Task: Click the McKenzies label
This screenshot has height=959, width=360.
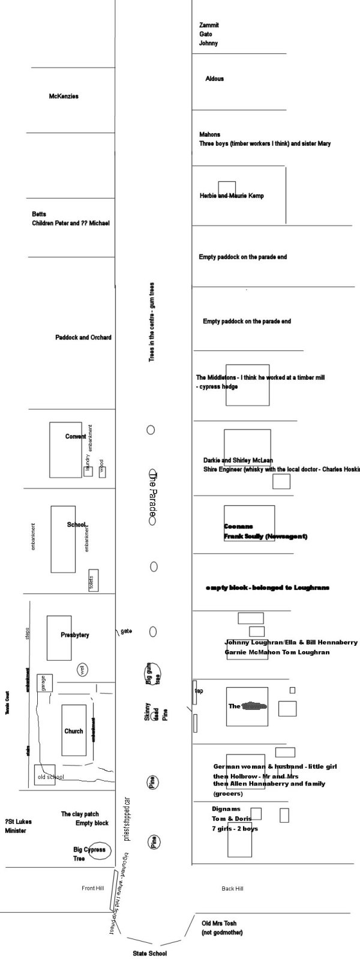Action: [x=64, y=97]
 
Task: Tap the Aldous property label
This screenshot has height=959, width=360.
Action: [x=214, y=79]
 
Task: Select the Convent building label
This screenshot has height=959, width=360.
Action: [x=76, y=436]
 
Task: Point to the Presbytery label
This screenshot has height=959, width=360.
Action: [x=75, y=635]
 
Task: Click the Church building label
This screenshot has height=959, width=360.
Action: [x=74, y=731]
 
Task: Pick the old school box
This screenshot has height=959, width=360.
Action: [x=45, y=775]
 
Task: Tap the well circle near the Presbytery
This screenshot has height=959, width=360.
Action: [x=82, y=670]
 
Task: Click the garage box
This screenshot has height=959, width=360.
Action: [x=44, y=683]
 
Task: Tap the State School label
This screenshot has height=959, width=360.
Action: [x=150, y=953]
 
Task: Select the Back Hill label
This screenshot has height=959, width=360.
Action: [x=232, y=888]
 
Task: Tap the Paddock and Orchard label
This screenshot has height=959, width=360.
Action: [x=83, y=337]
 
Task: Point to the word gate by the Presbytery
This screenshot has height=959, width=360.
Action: [x=126, y=631]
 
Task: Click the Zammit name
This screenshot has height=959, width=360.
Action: [x=209, y=25]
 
